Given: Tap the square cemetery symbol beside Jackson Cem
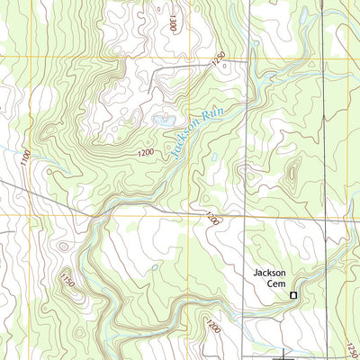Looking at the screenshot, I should (x=292, y=294).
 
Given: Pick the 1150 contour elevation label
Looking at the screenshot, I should (x=66, y=280).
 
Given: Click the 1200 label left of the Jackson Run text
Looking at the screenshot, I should (x=146, y=154).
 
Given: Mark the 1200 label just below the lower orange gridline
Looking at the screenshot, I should (x=211, y=219).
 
